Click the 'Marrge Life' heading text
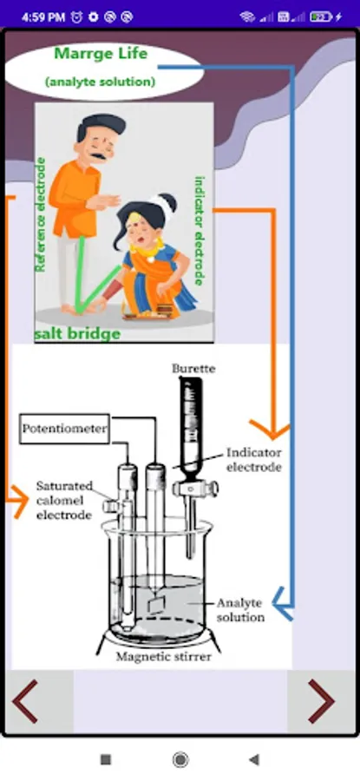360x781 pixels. click(x=101, y=53)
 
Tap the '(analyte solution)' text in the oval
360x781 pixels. click(x=100, y=82)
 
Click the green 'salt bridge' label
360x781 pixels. click(x=77, y=334)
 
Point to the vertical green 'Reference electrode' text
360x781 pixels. click(x=41, y=215)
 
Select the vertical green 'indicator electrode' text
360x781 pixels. click(x=200, y=231)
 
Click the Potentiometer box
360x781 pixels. click(x=65, y=429)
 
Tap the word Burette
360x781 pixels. click(x=193, y=369)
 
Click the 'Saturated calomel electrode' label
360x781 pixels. click(x=64, y=500)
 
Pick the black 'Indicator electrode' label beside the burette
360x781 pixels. click(x=254, y=460)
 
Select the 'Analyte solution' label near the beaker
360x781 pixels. click(x=240, y=610)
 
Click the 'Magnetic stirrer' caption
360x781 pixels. click(x=164, y=657)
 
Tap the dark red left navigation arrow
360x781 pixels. click(x=25, y=701)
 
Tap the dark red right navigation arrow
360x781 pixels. click(x=321, y=701)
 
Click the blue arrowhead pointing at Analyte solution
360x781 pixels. click(x=283, y=604)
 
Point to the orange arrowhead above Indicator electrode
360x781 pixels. click(x=270, y=430)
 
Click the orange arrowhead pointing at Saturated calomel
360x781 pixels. click(x=21, y=501)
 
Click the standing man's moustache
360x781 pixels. click(x=99, y=156)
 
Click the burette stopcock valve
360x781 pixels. click(x=195, y=489)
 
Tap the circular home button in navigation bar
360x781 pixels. click(x=180, y=759)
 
